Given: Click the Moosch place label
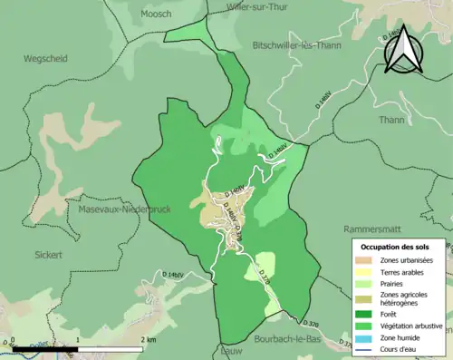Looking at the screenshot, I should tap(156, 14).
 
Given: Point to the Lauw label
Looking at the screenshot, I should tap(231, 350).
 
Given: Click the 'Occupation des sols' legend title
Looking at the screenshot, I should tap(396, 247).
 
